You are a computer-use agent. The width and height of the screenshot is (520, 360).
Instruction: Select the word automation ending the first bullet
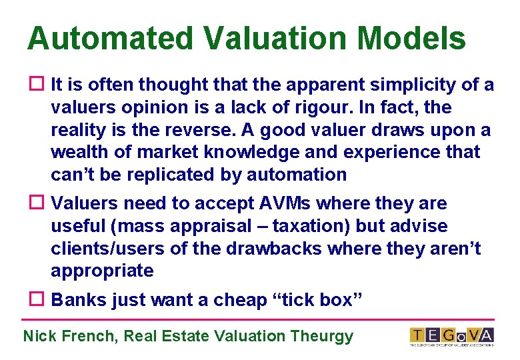[297, 175]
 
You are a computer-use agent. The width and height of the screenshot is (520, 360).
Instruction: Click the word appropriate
[101, 271]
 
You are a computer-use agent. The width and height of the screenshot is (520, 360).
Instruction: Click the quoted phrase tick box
[318, 300]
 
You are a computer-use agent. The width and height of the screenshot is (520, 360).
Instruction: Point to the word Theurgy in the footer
[322, 336]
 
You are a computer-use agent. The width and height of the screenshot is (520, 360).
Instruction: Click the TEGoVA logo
[451, 335]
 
